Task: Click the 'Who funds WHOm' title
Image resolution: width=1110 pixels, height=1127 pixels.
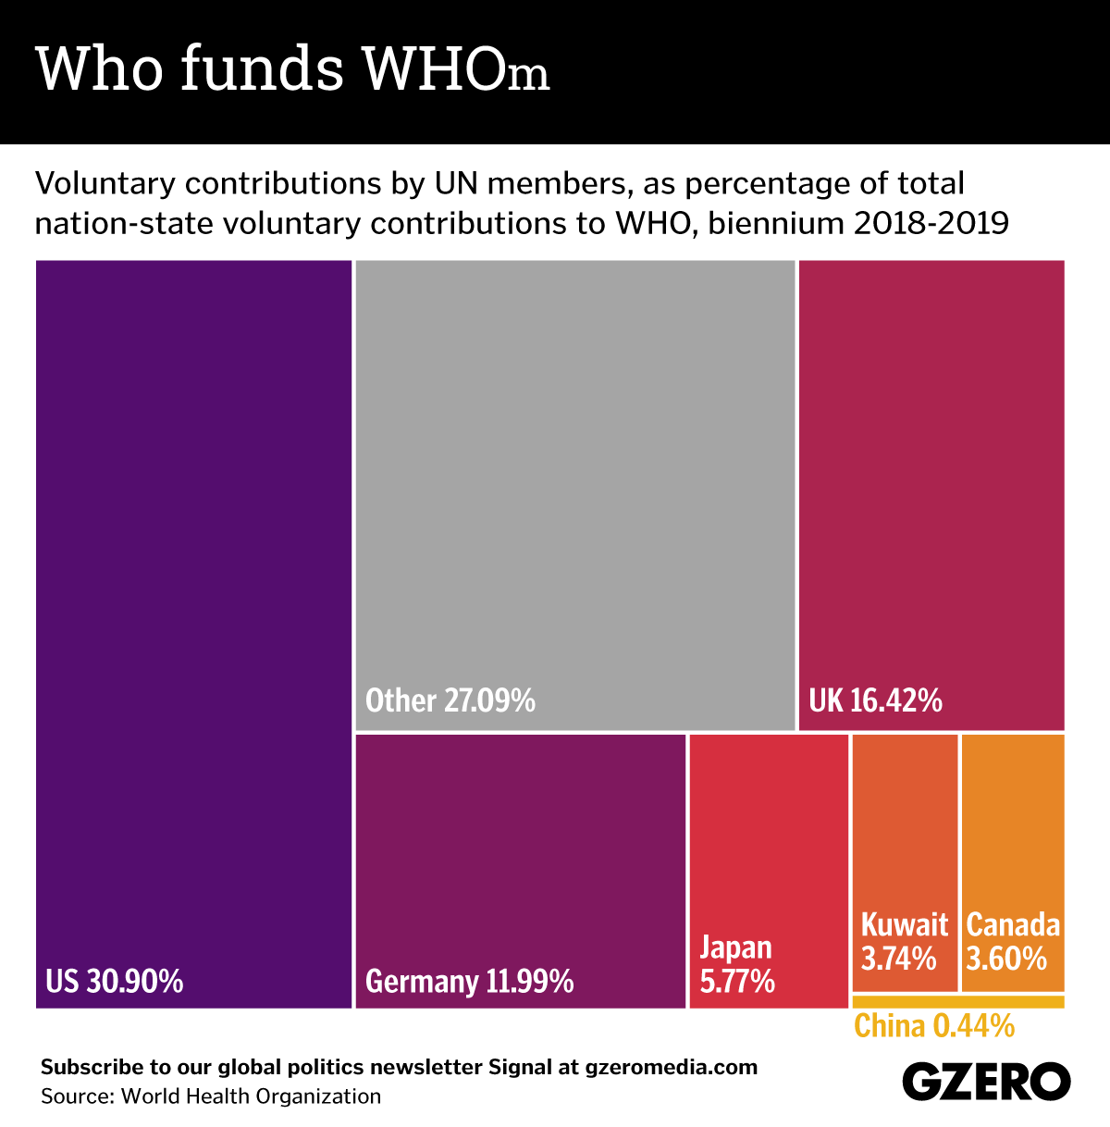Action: click(x=292, y=68)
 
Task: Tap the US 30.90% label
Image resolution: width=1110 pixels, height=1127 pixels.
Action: click(x=114, y=981)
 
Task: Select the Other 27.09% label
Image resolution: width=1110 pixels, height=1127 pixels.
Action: click(x=450, y=700)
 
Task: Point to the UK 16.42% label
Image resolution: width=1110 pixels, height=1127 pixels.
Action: click(x=875, y=700)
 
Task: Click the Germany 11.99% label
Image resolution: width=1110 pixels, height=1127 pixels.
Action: click(x=470, y=981)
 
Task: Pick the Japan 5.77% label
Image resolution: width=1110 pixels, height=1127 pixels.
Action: click(x=737, y=964)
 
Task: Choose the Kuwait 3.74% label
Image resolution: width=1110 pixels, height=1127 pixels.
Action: click(x=904, y=941)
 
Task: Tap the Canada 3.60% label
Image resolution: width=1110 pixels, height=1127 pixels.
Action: click(x=1013, y=941)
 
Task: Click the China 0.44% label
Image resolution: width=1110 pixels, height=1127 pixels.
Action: click(x=934, y=1026)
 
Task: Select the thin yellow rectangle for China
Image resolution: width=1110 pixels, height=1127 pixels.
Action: click(x=957, y=1001)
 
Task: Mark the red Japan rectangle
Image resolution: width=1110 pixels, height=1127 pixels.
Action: click(x=769, y=833)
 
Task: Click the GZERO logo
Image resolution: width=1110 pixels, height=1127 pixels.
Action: click(x=985, y=1081)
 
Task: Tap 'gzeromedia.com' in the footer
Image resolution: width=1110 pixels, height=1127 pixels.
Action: click(x=671, y=1067)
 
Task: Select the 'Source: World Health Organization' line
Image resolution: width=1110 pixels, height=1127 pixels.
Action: click(x=211, y=1096)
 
